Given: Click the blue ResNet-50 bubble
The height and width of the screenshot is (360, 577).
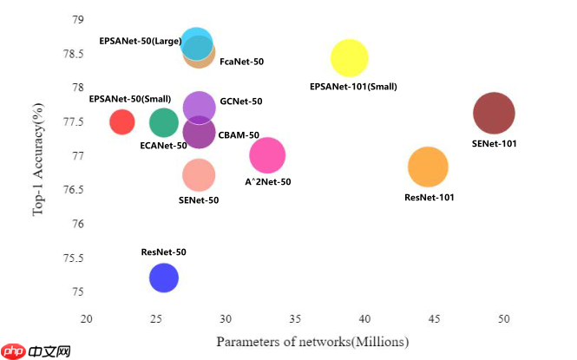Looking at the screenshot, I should click(x=163, y=278).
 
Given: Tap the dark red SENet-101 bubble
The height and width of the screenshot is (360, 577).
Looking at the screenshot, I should click(x=494, y=113).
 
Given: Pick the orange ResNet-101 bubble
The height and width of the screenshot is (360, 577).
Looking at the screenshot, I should click(x=428, y=167).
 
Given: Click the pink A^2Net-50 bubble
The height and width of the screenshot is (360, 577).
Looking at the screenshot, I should click(x=267, y=156).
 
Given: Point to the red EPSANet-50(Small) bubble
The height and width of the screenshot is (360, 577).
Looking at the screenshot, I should click(x=122, y=122).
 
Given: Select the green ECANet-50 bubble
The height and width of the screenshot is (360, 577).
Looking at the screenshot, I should click(x=163, y=122).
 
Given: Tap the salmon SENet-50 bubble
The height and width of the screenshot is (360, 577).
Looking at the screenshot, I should click(x=199, y=175).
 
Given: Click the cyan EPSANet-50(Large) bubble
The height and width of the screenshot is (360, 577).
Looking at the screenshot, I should click(x=197, y=42).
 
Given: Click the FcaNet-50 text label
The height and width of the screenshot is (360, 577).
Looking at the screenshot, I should click(x=242, y=62).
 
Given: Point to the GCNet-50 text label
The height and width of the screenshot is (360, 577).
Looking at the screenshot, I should click(x=241, y=101).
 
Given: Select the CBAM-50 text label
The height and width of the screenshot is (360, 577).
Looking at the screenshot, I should click(x=239, y=135).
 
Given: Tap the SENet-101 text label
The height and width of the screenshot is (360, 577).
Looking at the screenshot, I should click(x=494, y=143).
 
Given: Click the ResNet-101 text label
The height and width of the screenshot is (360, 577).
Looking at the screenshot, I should click(x=429, y=198).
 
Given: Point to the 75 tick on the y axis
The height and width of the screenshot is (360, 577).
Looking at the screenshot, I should click(x=78, y=292).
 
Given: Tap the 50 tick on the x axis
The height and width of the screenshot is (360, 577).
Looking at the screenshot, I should click(x=504, y=319).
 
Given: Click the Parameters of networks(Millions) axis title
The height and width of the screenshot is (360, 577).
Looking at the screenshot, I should click(x=311, y=342).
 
